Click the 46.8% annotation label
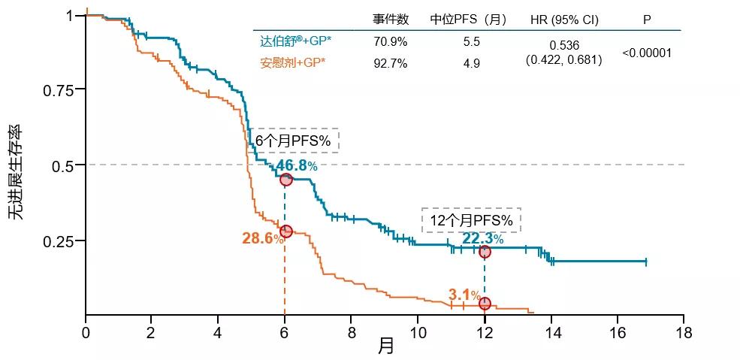tap(297, 166)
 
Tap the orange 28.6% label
tap(263, 239)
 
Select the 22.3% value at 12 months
tap(482, 239)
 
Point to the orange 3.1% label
tap(464, 295)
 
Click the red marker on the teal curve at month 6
tap(285, 180)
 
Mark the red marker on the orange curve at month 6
tap(285, 231)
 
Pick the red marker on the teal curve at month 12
tap(485, 252)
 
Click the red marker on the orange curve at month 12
tap(485, 303)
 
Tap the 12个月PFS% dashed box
tap(471, 219)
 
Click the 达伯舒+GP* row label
tap(291, 42)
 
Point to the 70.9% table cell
tap(390, 42)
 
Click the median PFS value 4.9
tap(471, 63)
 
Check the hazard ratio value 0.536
tap(563, 45)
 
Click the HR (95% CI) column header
tap(563, 20)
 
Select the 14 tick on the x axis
tap(551, 332)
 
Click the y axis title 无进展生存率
tap(17, 172)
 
